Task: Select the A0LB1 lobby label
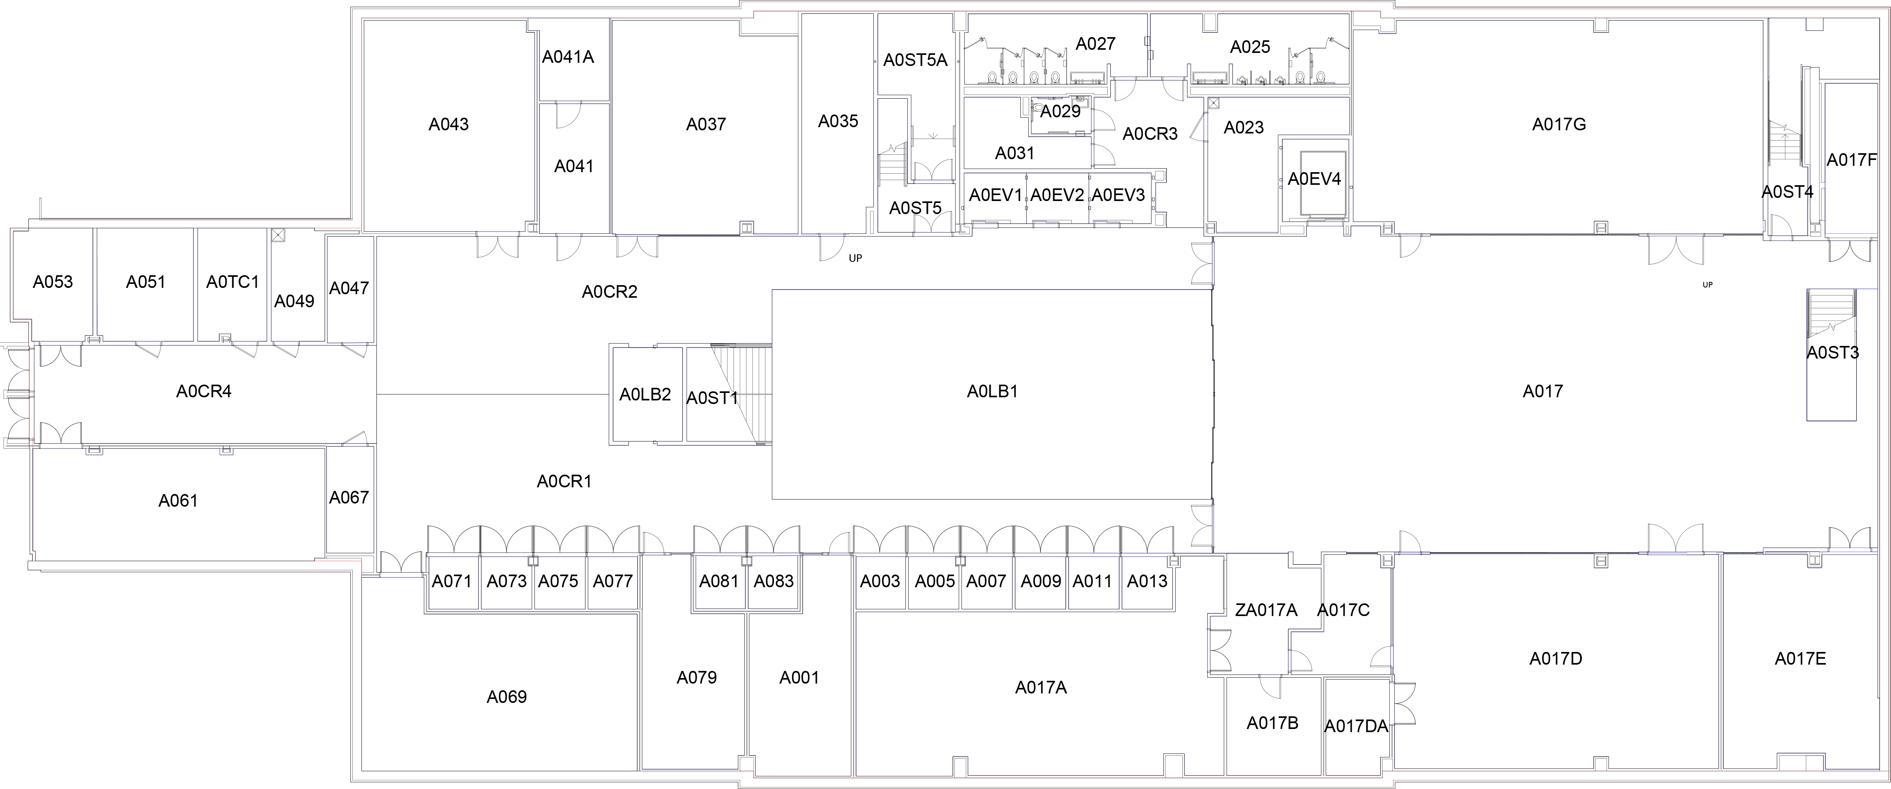(x=992, y=392)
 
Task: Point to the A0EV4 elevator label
(x=1314, y=179)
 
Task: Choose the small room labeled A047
(x=349, y=288)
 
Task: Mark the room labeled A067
(x=349, y=498)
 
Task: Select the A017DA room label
(x=1356, y=727)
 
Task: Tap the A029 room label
(x=1060, y=112)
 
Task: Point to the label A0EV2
(x=1057, y=195)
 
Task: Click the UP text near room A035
(x=855, y=258)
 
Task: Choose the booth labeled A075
(x=559, y=581)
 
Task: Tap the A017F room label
(x=1851, y=160)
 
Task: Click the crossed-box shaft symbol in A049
(x=277, y=236)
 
